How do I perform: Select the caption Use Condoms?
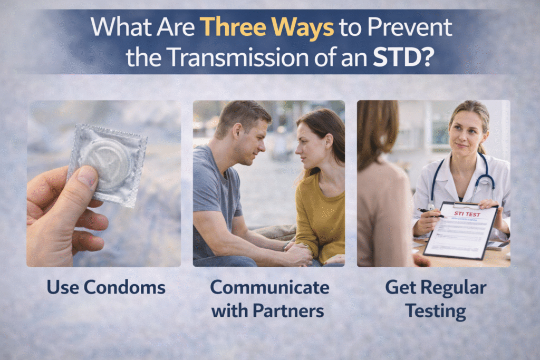106,287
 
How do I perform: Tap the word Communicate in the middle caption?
269,287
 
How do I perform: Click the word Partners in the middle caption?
288,311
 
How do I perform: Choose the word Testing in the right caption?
436,311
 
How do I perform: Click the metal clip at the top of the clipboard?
464,204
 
